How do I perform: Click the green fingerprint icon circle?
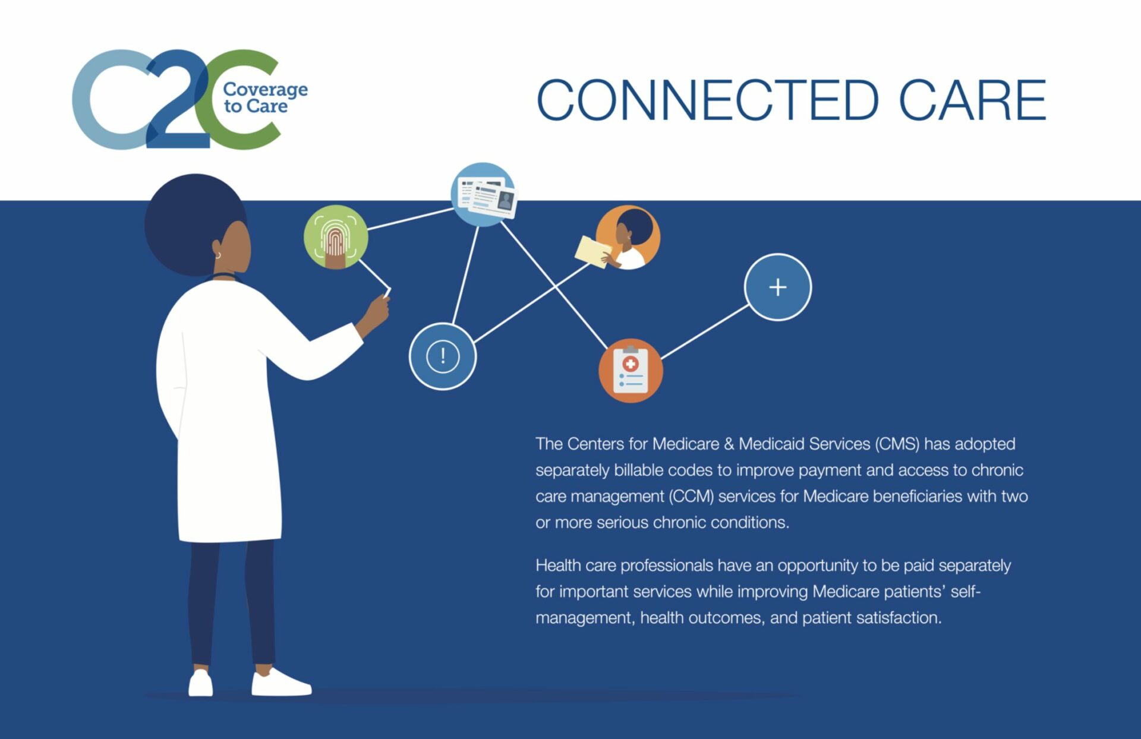336,237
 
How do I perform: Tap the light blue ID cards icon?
483,194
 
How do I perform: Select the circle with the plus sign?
777,288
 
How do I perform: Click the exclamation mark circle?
443,356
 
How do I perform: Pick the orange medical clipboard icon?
631,371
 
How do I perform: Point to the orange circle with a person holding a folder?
627,238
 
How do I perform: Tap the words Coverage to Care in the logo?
265,97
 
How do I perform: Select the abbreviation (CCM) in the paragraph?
692,496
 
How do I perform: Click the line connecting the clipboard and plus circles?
705,332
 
